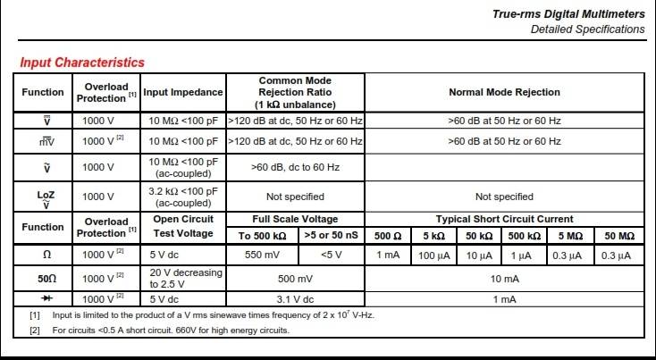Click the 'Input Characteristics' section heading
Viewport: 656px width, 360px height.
[x=82, y=63]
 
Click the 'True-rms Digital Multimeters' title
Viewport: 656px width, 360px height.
[x=568, y=14]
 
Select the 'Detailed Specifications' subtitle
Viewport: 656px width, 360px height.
[x=587, y=29]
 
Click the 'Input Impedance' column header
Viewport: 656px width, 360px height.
[x=182, y=92]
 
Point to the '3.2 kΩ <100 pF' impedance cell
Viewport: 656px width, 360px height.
[x=182, y=197]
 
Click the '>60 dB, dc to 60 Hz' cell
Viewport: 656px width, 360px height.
[x=295, y=165]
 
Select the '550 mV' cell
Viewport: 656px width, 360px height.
[x=265, y=255]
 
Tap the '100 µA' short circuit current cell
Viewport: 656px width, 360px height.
[x=433, y=255]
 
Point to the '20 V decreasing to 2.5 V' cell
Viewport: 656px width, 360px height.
[x=182, y=278]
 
